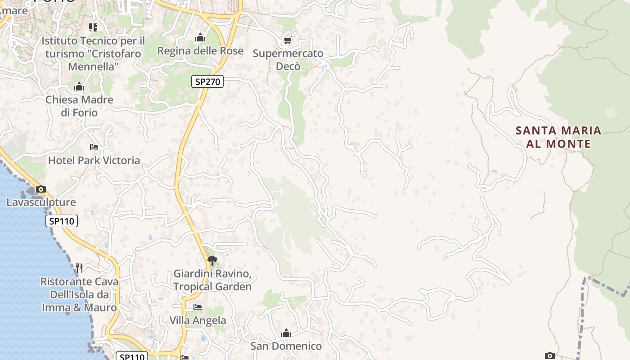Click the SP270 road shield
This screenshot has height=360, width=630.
[x=207, y=81]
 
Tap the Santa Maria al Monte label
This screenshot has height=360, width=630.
[x=558, y=137]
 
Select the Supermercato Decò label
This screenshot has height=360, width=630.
[x=288, y=60]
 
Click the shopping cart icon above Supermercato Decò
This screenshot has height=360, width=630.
[x=288, y=40]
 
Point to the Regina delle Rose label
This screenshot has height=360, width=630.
[x=200, y=51]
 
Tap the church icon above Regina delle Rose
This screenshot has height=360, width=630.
[x=200, y=38]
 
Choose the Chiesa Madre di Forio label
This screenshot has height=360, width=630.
[x=79, y=106]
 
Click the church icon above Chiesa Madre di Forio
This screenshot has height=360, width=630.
[x=79, y=86]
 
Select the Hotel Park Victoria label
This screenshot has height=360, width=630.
[x=94, y=160]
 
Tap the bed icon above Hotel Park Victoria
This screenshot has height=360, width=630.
[x=94, y=147]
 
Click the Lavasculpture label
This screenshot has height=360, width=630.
[x=41, y=202]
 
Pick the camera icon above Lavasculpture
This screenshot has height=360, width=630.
[x=41, y=189]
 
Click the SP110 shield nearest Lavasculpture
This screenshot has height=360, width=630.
[x=62, y=221]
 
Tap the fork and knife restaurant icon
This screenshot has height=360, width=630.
[x=79, y=268]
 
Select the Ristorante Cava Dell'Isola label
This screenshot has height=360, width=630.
[x=79, y=295]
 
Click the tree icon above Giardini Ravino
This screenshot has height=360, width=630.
[x=212, y=261]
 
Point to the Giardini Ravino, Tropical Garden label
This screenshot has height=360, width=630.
[x=212, y=280]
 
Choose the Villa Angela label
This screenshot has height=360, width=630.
[x=198, y=320]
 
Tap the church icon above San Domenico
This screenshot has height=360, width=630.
[x=286, y=333]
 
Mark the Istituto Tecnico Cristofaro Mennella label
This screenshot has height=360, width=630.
[x=93, y=54]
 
